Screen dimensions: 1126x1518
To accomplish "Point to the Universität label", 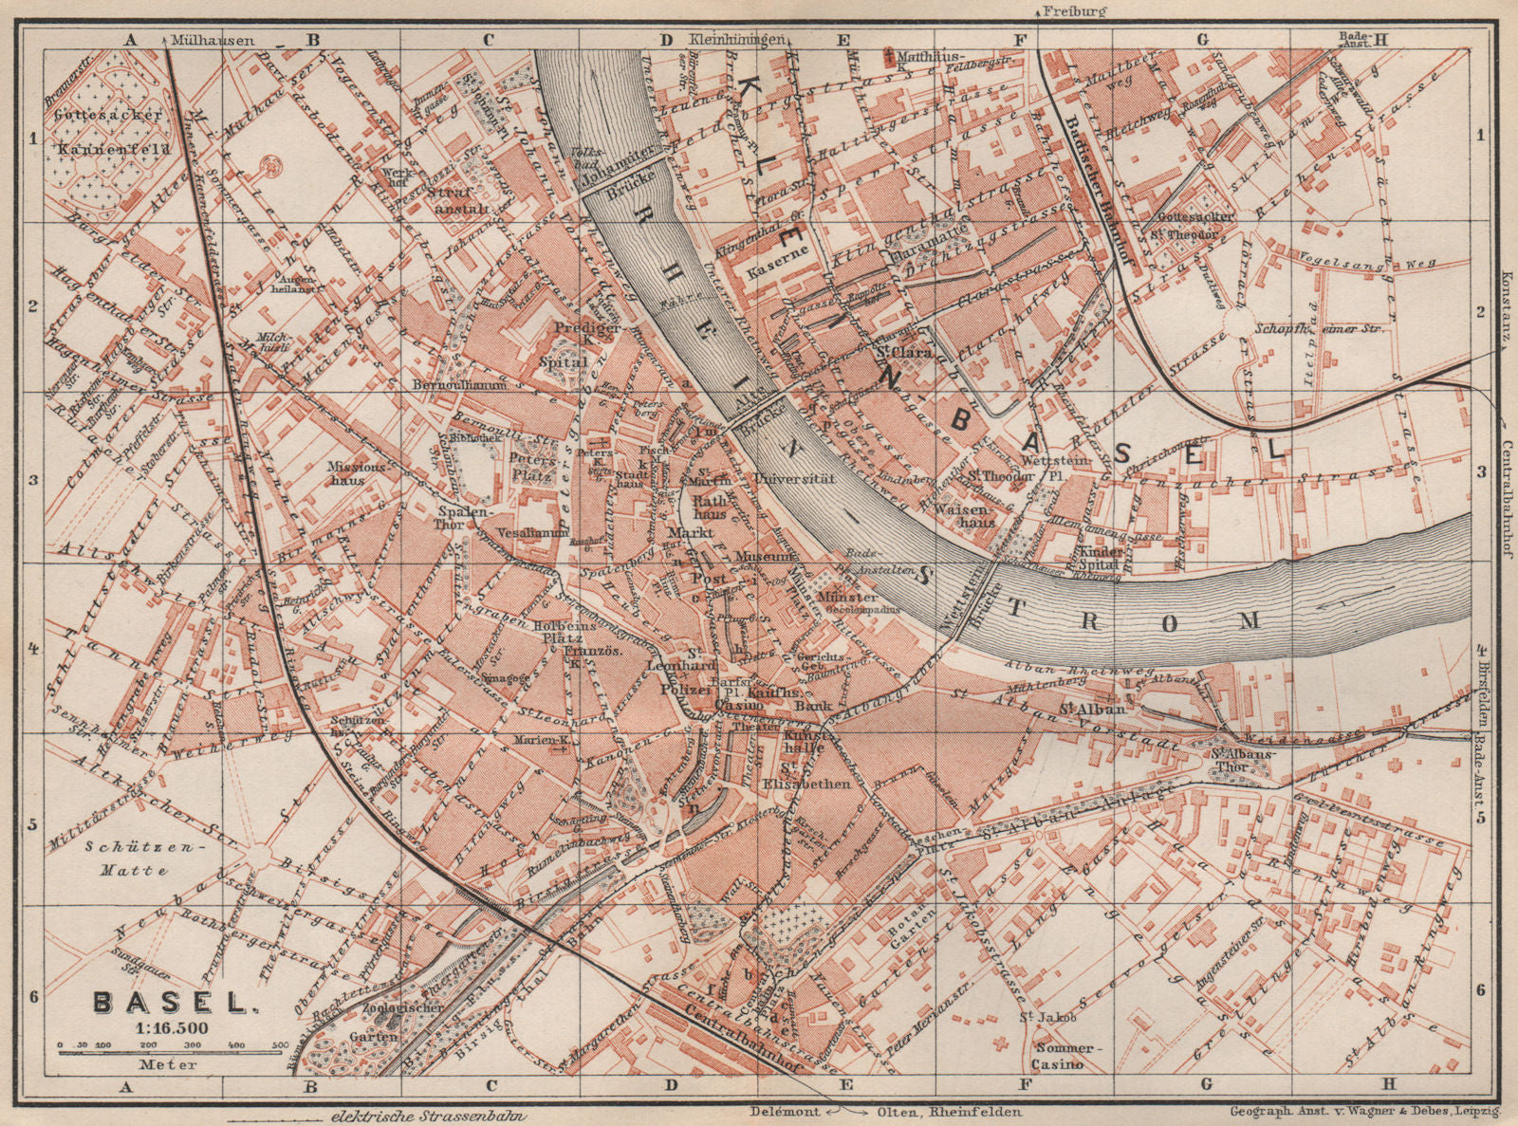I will click(x=795, y=480).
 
